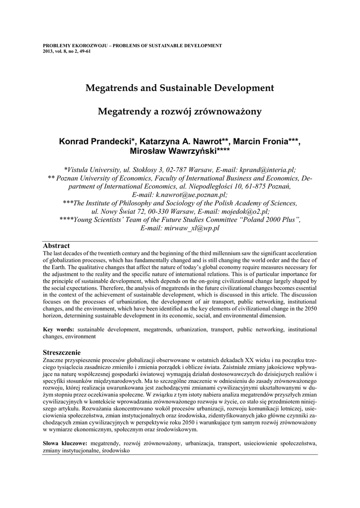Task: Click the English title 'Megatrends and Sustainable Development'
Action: click(180, 88)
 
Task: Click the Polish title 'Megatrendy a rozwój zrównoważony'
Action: click(180, 112)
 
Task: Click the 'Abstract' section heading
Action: click(56, 246)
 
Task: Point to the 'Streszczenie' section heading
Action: click(62, 352)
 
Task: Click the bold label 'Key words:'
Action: click(59, 329)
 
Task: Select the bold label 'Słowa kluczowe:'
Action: click(65, 442)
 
